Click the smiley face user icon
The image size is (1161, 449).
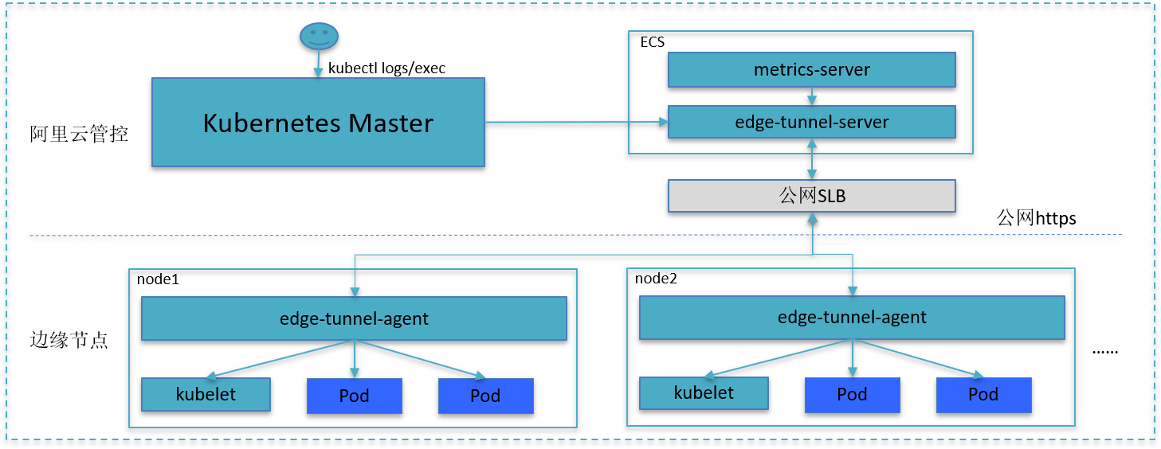(319, 37)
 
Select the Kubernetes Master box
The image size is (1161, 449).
(318, 123)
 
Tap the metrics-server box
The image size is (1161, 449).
(812, 69)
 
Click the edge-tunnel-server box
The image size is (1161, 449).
(812, 122)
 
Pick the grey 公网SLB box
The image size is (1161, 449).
(812, 196)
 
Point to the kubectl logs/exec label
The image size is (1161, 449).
(386, 68)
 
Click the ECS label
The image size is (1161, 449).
(652, 42)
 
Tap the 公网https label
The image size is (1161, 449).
(1036, 218)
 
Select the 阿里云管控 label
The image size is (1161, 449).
(79, 134)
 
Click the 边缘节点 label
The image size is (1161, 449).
(69, 340)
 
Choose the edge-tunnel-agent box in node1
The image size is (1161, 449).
(354, 318)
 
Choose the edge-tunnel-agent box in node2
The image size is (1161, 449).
(852, 318)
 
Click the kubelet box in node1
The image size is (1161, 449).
(206, 395)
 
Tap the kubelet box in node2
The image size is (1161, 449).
(704, 393)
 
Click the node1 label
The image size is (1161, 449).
(158, 279)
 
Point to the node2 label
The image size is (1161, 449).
(656, 279)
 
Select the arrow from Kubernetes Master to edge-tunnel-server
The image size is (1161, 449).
(576, 123)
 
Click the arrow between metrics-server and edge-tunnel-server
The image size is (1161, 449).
(812, 96)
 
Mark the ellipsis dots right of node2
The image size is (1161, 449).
(1105, 352)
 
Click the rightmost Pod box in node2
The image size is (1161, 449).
(984, 395)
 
